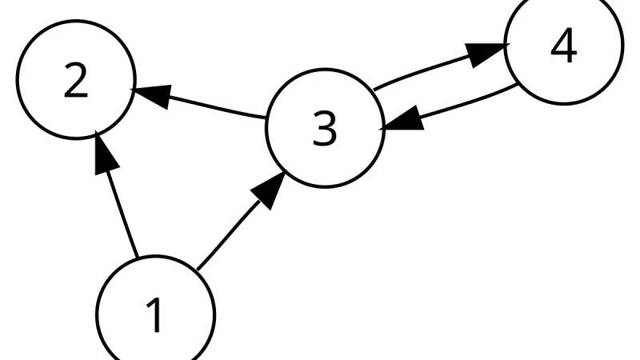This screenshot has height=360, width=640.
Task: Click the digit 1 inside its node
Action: (154, 314)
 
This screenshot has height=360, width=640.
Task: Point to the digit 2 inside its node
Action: (76, 80)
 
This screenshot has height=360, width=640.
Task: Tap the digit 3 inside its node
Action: (325, 129)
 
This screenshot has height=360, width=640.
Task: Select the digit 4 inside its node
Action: (564, 46)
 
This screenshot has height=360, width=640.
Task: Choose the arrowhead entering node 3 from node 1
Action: (270, 189)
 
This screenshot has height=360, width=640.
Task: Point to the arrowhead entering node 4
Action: (486, 51)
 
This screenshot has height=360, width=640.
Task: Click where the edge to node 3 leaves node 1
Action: (197, 270)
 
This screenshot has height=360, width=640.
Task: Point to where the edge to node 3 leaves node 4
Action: (518, 85)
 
